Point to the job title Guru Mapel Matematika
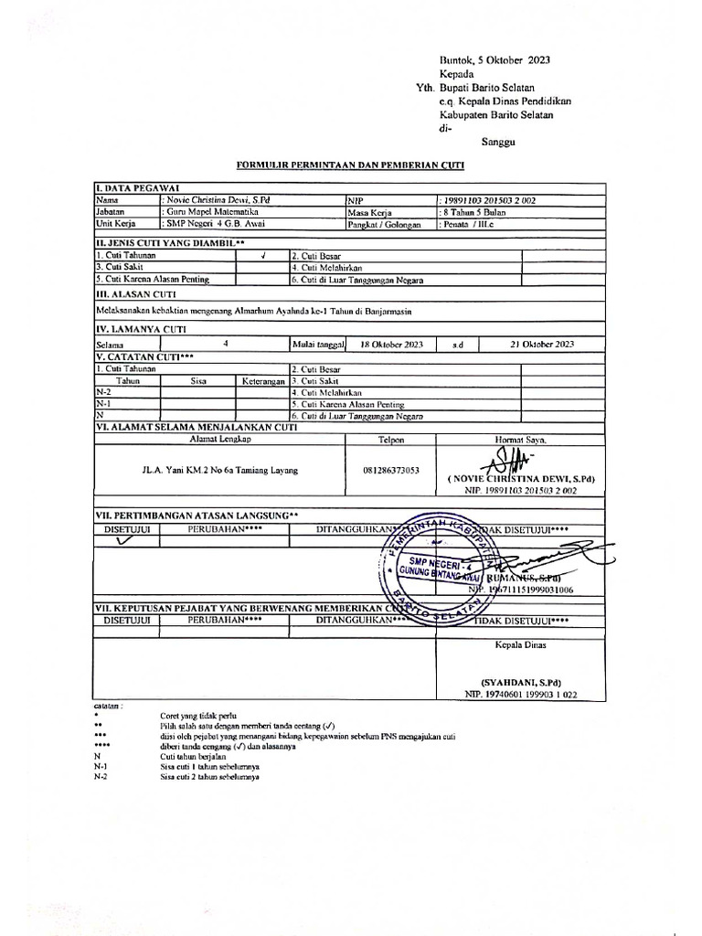pos(211,209)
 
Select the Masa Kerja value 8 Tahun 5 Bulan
pos(473,210)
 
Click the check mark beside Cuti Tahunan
pos(262,256)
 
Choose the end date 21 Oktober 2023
pos(542,344)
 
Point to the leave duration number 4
pos(225,344)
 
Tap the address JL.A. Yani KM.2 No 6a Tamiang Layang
pos(220,470)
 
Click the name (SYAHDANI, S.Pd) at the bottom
pos(520,682)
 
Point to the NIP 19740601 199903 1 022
pos(521,695)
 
